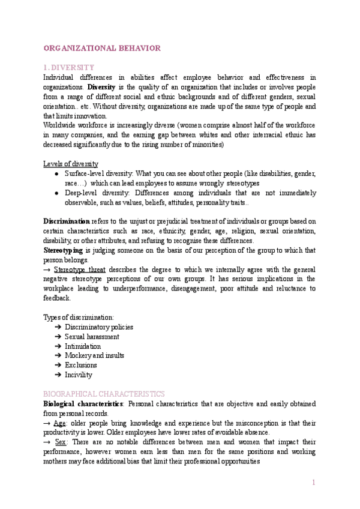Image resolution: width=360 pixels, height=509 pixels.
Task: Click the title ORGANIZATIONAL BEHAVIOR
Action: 102,48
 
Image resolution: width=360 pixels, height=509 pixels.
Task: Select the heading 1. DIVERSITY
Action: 70,68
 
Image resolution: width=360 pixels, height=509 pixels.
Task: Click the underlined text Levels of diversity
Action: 71,164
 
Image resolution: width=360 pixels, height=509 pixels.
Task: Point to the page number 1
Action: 313,483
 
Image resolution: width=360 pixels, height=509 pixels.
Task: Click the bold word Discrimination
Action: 66,221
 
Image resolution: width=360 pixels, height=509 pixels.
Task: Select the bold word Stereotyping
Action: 64,250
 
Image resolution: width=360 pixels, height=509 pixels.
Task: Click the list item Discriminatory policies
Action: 99,327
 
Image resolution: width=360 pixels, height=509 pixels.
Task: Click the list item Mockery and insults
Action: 94,356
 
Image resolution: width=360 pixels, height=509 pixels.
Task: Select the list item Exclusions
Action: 80,365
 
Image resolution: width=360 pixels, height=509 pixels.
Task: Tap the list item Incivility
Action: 79,375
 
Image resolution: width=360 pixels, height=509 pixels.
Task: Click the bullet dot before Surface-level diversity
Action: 56,173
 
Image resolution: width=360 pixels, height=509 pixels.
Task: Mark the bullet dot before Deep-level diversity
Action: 56,193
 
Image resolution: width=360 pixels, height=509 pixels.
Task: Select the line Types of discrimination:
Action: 79,317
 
